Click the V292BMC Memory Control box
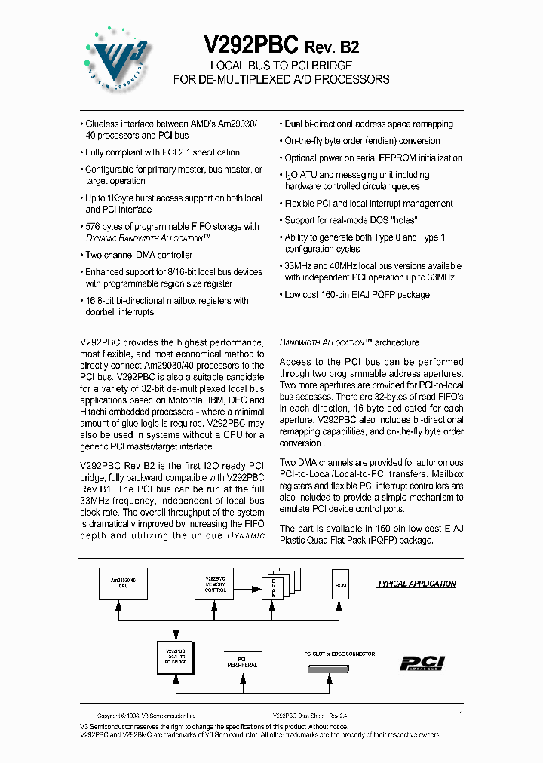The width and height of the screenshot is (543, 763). pos(216,584)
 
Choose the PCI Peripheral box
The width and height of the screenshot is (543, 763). pos(242,662)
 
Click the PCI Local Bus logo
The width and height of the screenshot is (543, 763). pos(422,663)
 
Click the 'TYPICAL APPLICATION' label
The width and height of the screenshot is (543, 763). pos(416,584)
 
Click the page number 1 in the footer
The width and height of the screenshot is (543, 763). pos(461,714)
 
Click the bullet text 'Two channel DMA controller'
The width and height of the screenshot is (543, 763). pos(138,255)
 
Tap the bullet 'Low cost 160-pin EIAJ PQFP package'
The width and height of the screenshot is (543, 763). pos(357,294)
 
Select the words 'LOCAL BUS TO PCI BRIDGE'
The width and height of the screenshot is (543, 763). pos(281,66)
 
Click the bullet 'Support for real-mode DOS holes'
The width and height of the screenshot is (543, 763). pos(351,220)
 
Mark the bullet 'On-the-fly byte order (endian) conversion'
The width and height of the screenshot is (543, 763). pos(362,141)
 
